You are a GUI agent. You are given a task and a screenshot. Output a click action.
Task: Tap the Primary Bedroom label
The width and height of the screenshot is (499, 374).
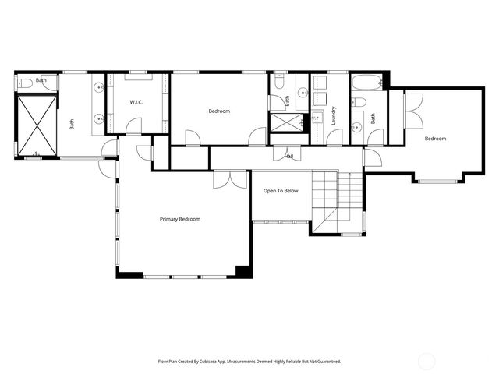pos(180,219)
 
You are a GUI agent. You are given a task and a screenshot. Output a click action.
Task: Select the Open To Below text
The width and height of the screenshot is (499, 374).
pos(281,190)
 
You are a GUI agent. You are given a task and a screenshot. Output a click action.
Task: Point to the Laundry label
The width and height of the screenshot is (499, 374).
pos(333,115)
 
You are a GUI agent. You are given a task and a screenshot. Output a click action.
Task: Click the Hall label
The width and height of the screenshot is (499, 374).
pos(288,156)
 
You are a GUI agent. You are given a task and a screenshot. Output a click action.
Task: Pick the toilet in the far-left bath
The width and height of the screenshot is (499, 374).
pos(24,83)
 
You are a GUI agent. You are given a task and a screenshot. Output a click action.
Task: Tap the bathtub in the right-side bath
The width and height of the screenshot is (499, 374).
pos(366,83)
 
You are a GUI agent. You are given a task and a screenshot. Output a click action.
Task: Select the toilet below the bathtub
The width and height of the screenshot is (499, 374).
pos(359,102)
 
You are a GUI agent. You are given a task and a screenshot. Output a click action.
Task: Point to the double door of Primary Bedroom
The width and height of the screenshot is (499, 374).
pos(230,178)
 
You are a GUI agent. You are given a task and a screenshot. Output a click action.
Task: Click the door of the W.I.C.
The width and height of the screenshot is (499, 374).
pos(135,125)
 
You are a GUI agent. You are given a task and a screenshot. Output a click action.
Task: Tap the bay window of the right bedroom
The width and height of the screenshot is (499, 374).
pos(437,180)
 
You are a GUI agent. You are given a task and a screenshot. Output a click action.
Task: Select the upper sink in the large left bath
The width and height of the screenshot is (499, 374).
pos(98,87)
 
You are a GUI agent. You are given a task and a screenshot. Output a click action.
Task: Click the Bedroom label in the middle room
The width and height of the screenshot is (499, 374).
pos(219,111)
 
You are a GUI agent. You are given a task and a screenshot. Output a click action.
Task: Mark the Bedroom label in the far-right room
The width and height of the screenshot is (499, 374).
pos(435,139)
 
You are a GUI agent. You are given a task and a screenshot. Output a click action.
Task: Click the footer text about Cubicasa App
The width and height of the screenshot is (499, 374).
pos(249,362)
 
